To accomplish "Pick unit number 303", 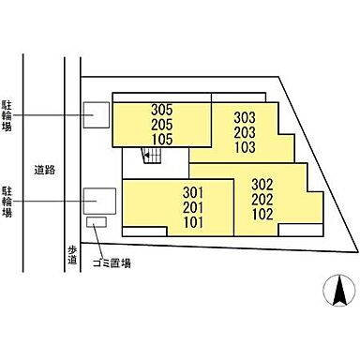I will [x=245, y=118].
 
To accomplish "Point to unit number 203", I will [x=245, y=133].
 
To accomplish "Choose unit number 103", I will [x=245, y=148].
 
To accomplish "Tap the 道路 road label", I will [x=42, y=170].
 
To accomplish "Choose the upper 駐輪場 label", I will [x=8, y=114].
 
